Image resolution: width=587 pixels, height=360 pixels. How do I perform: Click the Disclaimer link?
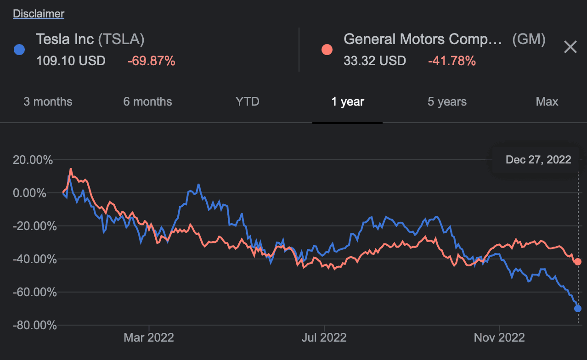pyautogui.click(x=39, y=14)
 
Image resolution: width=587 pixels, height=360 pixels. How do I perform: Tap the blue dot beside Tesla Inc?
pyautogui.click(x=19, y=50)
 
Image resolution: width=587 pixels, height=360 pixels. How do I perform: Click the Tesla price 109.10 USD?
pyautogui.click(x=71, y=61)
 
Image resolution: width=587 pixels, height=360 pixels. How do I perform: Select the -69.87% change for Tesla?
pyautogui.click(x=151, y=61)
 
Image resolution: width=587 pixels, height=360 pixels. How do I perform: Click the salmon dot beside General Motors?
pyautogui.click(x=327, y=50)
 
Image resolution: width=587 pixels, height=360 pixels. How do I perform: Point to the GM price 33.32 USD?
pyautogui.click(x=375, y=61)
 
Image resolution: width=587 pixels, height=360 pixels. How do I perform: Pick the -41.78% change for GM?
pyautogui.click(x=452, y=61)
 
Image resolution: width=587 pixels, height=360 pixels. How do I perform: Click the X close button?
pyautogui.click(x=570, y=47)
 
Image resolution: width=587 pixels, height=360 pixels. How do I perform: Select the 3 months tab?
pyautogui.click(x=48, y=101)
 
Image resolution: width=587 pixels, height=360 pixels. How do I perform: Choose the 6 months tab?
pyautogui.click(x=147, y=101)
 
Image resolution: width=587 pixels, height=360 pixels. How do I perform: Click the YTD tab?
pyautogui.click(x=247, y=101)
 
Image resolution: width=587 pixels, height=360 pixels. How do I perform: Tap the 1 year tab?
pyautogui.click(x=348, y=101)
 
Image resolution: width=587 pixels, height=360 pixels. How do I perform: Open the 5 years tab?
pyautogui.click(x=447, y=101)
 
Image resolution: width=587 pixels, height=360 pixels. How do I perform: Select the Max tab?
pyautogui.click(x=547, y=101)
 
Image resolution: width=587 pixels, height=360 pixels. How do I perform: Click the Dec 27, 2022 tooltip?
pyautogui.click(x=538, y=160)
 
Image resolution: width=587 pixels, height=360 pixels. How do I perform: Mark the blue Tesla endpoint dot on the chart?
pyautogui.click(x=578, y=309)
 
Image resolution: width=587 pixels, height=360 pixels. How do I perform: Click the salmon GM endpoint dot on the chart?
pyautogui.click(x=578, y=262)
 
